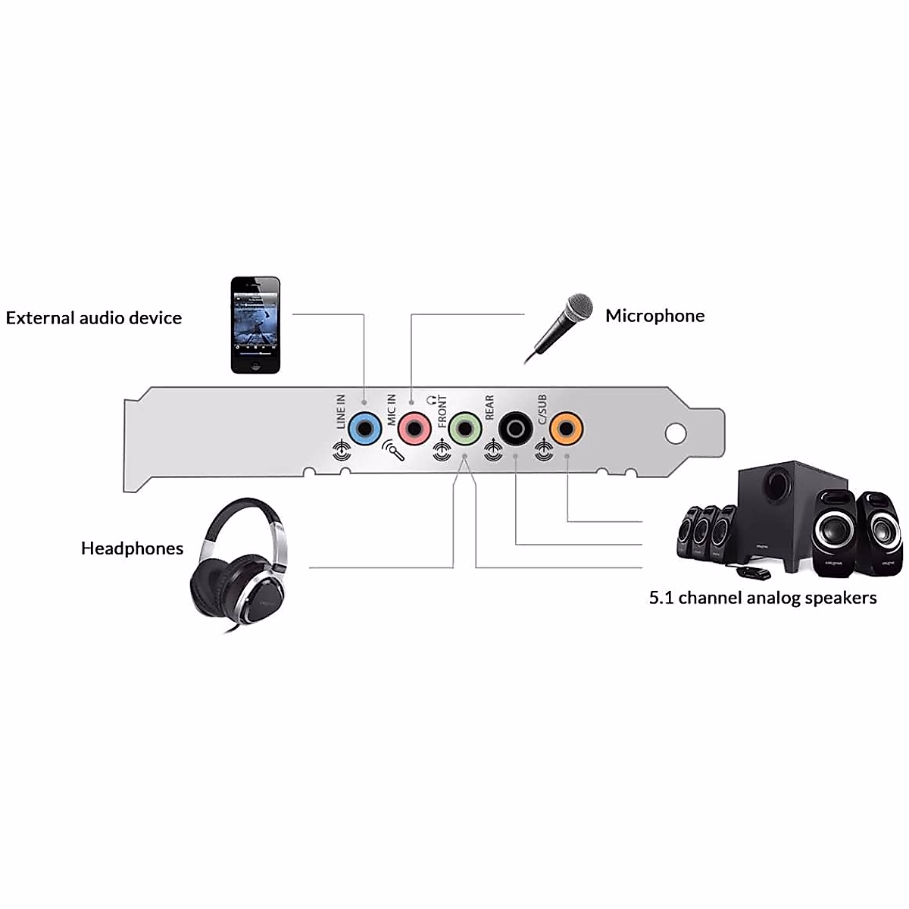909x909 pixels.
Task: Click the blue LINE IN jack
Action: pyautogui.click(x=364, y=430)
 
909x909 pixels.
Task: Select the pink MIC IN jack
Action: pyautogui.click(x=414, y=430)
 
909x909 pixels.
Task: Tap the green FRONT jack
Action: pyautogui.click(x=464, y=430)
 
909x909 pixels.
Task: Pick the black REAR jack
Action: pyautogui.click(x=515, y=430)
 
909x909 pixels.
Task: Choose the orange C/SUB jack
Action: pyautogui.click(x=566, y=430)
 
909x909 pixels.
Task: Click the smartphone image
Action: pyautogui.click(x=255, y=325)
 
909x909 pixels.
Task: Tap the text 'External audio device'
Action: pyautogui.click(x=94, y=318)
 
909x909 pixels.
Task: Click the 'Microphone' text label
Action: pyautogui.click(x=654, y=316)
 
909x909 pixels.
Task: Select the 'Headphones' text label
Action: pyautogui.click(x=132, y=548)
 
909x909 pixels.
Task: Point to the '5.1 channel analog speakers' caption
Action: pyautogui.click(x=762, y=598)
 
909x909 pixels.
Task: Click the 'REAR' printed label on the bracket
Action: pyautogui.click(x=489, y=408)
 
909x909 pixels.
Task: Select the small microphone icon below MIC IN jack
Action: pyautogui.click(x=393, y=451)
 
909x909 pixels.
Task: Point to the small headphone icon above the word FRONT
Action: pyautogui.click(x=433, y=398)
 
